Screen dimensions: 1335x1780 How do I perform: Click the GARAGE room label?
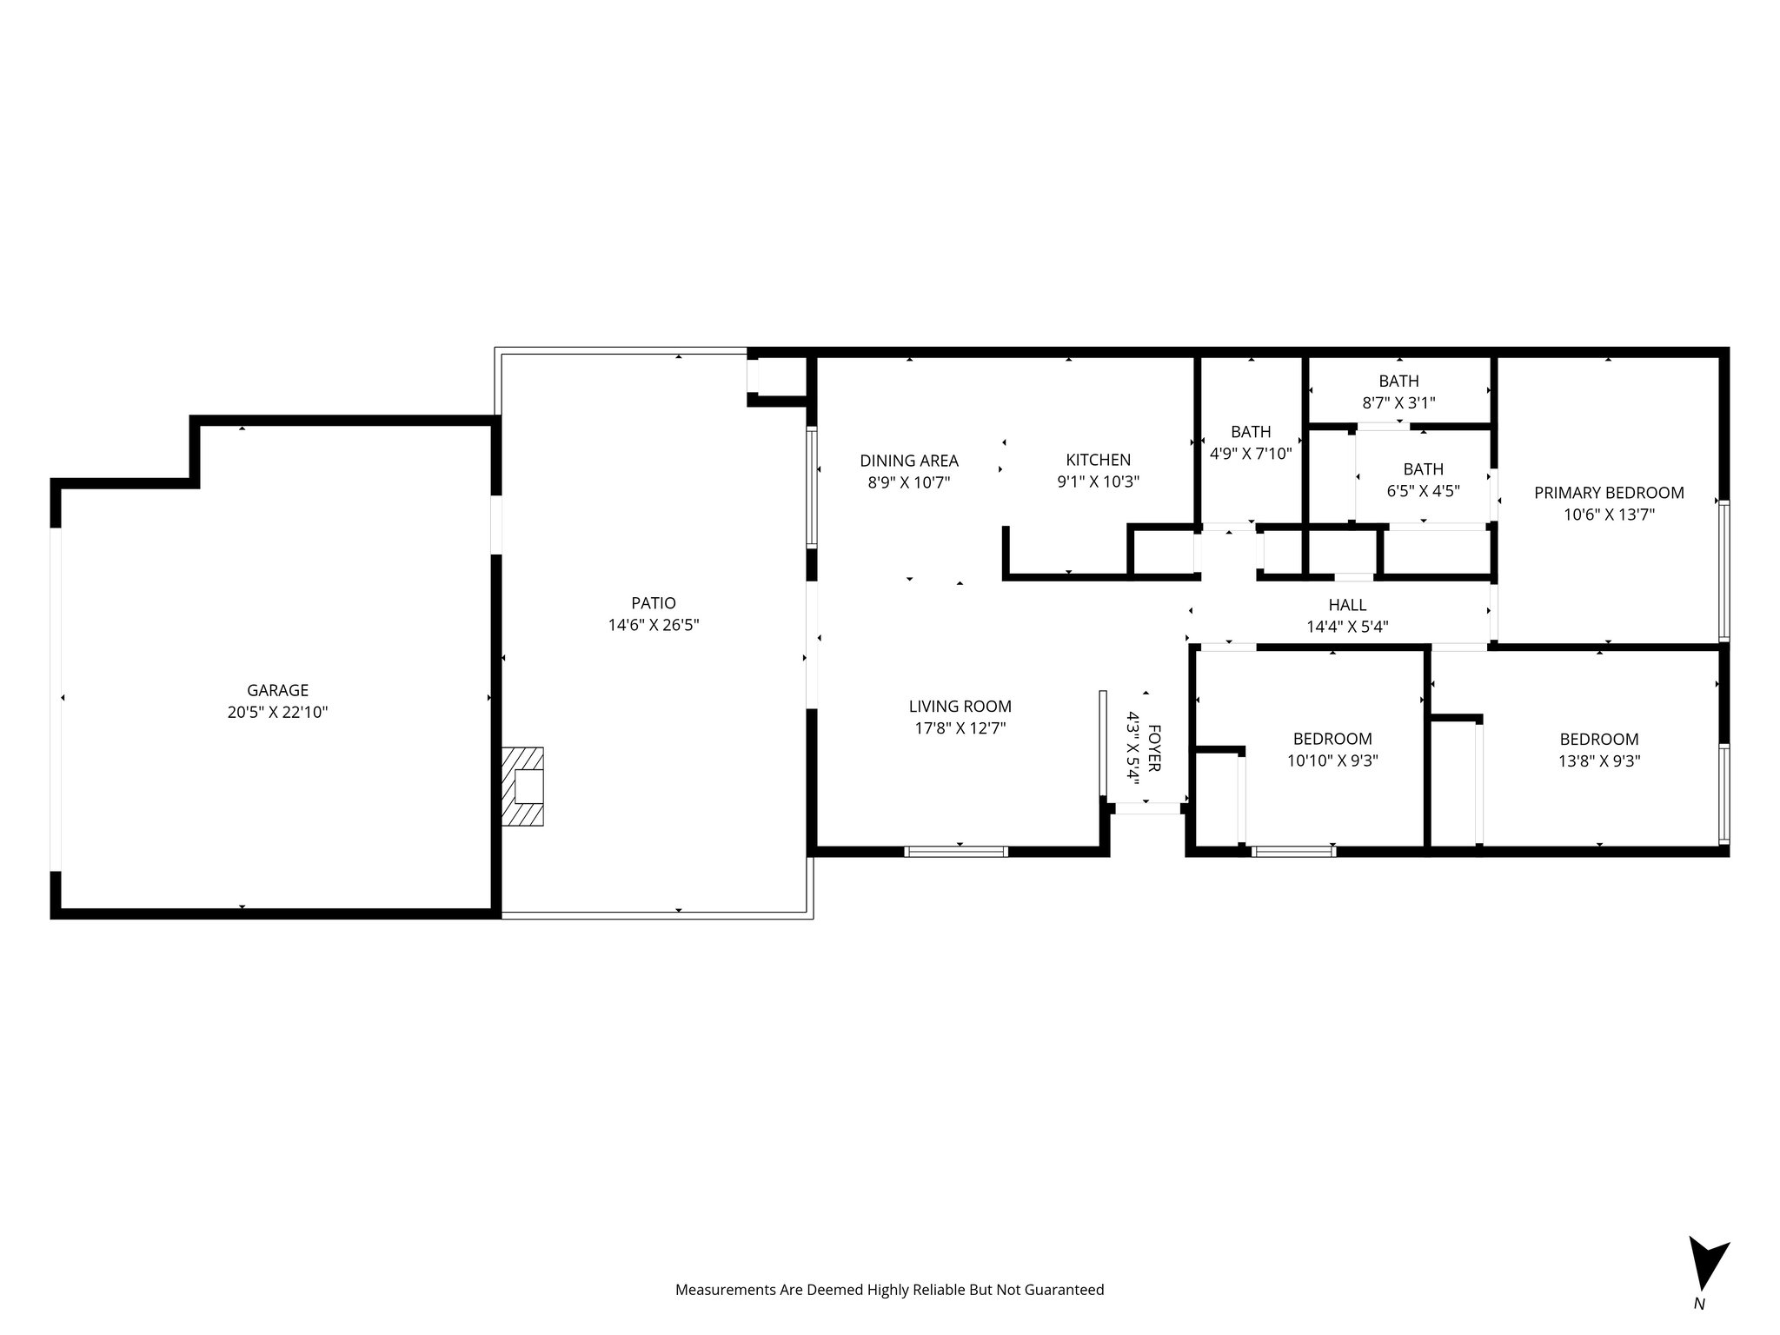pos(277,690)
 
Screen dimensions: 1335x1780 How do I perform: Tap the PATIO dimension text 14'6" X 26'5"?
pos(654,625)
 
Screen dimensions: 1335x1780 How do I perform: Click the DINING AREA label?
pos(908,461)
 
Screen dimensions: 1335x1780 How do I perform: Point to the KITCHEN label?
pos(1098,460)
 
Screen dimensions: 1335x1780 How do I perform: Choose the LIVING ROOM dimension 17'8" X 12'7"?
pos(960,728)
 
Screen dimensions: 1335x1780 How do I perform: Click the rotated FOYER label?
pos(1154,747)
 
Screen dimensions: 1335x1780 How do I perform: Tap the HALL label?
pos(1346,605)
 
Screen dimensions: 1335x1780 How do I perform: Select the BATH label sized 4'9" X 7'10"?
pos(1250,432)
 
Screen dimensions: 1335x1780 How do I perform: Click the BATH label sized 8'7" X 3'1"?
pos(1398,381)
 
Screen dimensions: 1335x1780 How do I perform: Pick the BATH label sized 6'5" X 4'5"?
pos(1422,469)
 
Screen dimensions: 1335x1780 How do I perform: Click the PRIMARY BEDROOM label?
pos(1608,493)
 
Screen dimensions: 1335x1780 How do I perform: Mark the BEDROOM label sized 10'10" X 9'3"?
pos(1332,739)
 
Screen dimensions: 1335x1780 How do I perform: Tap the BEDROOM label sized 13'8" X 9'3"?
pos(1598,740)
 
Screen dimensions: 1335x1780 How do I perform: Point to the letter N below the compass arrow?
pos(1698,1327)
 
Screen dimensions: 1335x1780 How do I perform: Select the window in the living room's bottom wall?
pos(956,852)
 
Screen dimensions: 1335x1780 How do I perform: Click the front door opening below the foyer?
pos(1147,808)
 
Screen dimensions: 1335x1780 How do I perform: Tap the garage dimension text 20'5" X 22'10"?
pos(277,713)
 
